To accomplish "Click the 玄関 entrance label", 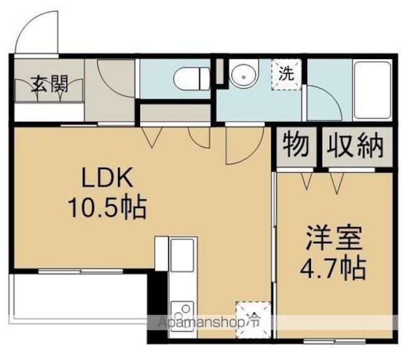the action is click(49, 84).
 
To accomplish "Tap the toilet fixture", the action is click(192, 79).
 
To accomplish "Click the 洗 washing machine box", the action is click(286, 75).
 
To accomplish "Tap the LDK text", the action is click(107, 177).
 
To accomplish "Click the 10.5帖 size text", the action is click(107, 208).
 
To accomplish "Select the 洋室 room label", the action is click(334, 238).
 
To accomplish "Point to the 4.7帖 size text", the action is click(333, 268).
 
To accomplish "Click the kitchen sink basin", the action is click(182, 255).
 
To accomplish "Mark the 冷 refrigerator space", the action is click(253, 320).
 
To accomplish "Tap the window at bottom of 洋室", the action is click(335, 341).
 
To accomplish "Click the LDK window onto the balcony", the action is click(80, 271).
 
